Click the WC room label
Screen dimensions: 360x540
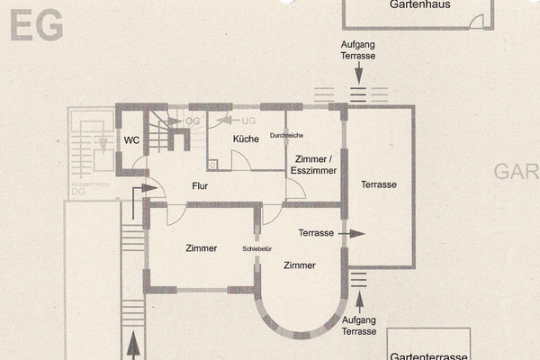coord(131,140)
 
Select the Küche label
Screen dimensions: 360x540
coord(246,139)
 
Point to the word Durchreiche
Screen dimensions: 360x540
coord(286,135)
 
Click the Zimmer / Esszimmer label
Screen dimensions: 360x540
coord(315,164)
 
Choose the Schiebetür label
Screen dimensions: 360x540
coord(257,249)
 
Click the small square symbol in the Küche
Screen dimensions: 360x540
coord(212,165)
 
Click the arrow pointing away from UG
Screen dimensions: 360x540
coord(226,120)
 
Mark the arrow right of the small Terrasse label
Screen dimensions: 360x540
coord(355,233)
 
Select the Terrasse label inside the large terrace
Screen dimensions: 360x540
coord(379,184)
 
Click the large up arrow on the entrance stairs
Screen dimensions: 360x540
coord(134,344)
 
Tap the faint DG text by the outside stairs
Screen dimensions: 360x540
coord(78,192)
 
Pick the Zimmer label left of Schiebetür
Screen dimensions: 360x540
coord(202,248)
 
